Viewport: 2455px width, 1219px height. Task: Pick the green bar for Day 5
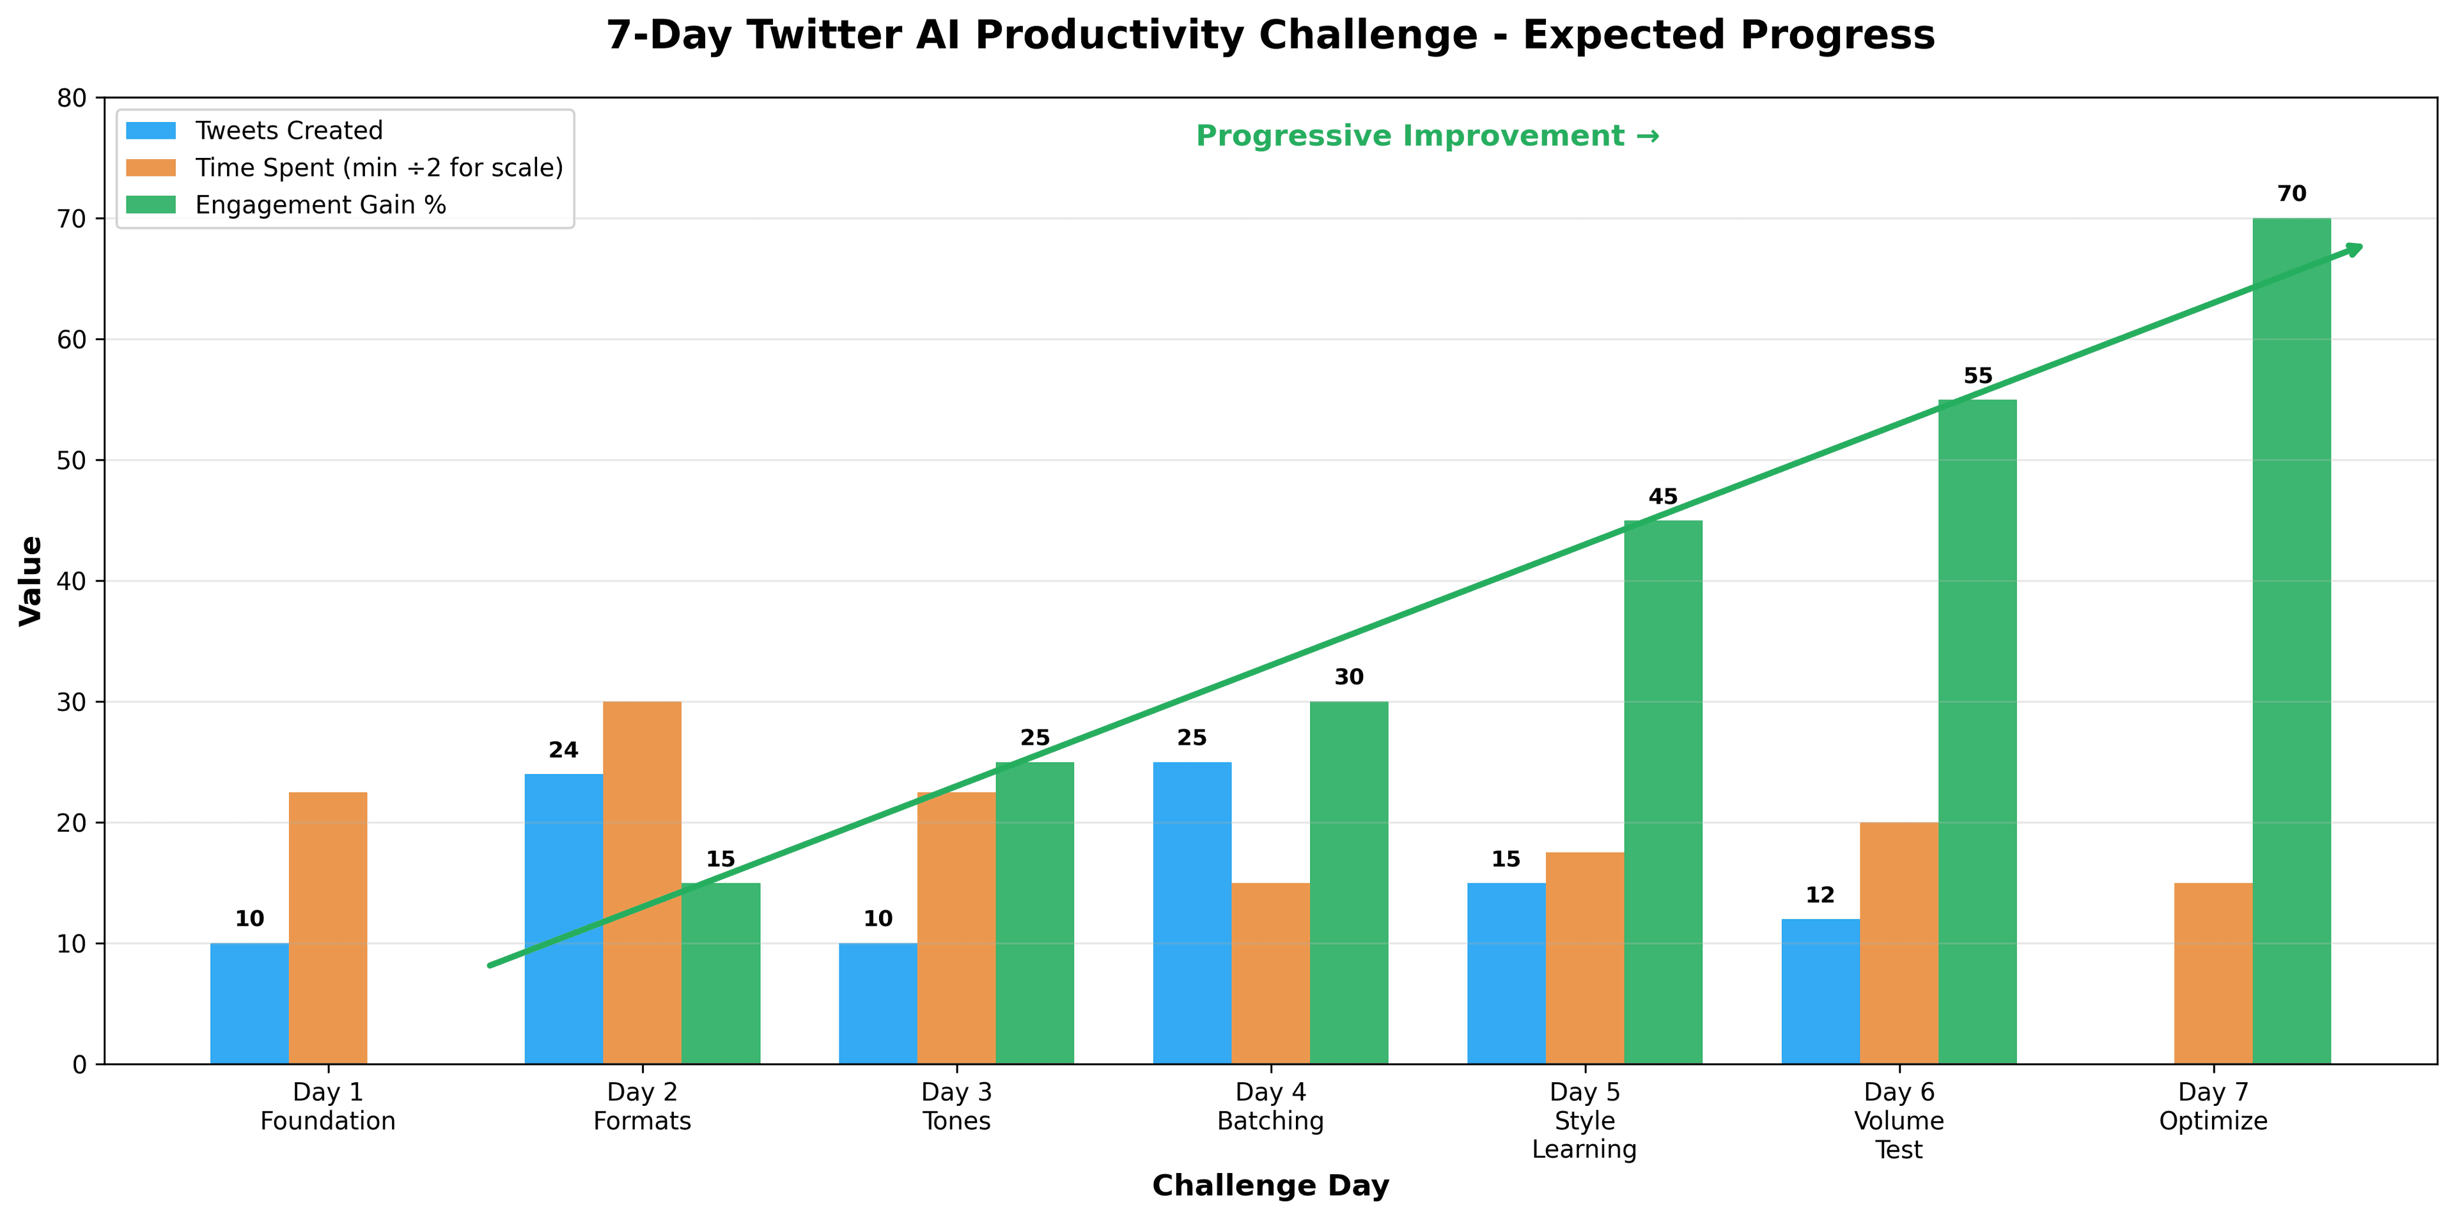1663,791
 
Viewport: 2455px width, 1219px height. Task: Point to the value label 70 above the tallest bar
2291,194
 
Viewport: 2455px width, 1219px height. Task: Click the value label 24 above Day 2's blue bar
563,750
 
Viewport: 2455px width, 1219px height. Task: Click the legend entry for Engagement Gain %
320,205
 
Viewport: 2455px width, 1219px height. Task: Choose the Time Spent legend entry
378,167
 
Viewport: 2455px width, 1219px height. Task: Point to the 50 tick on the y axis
72,460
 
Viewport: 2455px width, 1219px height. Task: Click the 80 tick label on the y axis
72,98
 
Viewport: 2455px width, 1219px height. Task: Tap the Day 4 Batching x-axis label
1270,1106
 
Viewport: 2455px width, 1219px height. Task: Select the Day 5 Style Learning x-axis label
1584,1120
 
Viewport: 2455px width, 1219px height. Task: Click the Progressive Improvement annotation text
1428,136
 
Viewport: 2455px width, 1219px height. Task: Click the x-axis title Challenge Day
1270,1186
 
